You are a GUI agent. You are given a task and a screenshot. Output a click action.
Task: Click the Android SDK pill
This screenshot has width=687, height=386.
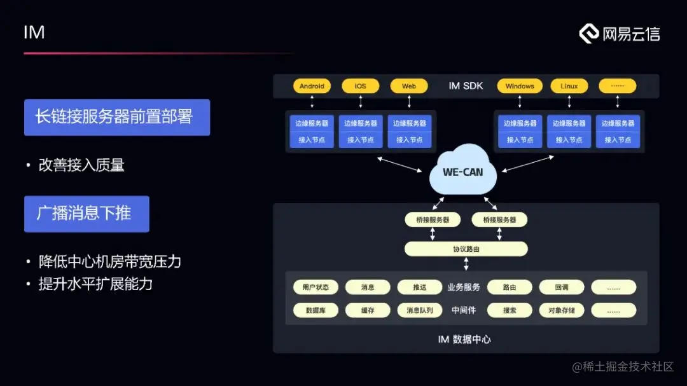click(312, 86)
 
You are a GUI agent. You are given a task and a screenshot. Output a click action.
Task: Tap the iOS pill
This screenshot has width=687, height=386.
click(360, 86)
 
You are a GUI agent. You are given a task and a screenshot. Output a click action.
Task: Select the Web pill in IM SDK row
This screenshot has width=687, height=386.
click(409, 86)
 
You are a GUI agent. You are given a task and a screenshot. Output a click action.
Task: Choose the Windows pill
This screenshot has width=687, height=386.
click(520, 86)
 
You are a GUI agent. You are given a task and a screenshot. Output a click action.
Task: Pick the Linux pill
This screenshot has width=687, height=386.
click(569, 86)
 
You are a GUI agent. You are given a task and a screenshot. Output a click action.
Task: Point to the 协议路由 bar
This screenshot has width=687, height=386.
click(466, 249)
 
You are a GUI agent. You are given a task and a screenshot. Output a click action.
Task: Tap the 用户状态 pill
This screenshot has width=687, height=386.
click(316, 287)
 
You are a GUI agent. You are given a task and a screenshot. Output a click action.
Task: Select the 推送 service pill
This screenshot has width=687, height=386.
click(419, 287)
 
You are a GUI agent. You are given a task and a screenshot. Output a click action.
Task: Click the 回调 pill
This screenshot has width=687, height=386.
click(561, 287)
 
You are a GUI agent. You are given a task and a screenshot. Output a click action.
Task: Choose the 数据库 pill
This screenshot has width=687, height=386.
click(316, 310)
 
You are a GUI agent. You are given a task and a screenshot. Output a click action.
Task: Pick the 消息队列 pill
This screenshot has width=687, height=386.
click(419, 310)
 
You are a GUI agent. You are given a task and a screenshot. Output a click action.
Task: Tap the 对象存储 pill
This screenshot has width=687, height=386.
click(561, 310)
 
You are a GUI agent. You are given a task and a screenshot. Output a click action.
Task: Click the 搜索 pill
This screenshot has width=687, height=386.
click(510, 310)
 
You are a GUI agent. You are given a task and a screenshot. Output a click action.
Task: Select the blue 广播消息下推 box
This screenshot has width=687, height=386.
click(87, 214)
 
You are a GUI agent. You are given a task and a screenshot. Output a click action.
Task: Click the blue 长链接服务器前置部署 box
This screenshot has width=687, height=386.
click(117, 117)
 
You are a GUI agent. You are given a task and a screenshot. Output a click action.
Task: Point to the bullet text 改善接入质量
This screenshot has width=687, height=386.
click(81, 165)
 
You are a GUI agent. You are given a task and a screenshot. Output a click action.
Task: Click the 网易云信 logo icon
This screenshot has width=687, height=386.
click(589, 34)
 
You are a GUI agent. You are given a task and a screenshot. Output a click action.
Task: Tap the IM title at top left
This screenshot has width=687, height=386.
click(34, 32)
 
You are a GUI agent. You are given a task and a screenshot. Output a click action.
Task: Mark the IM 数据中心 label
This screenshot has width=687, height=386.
click(464, 340)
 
